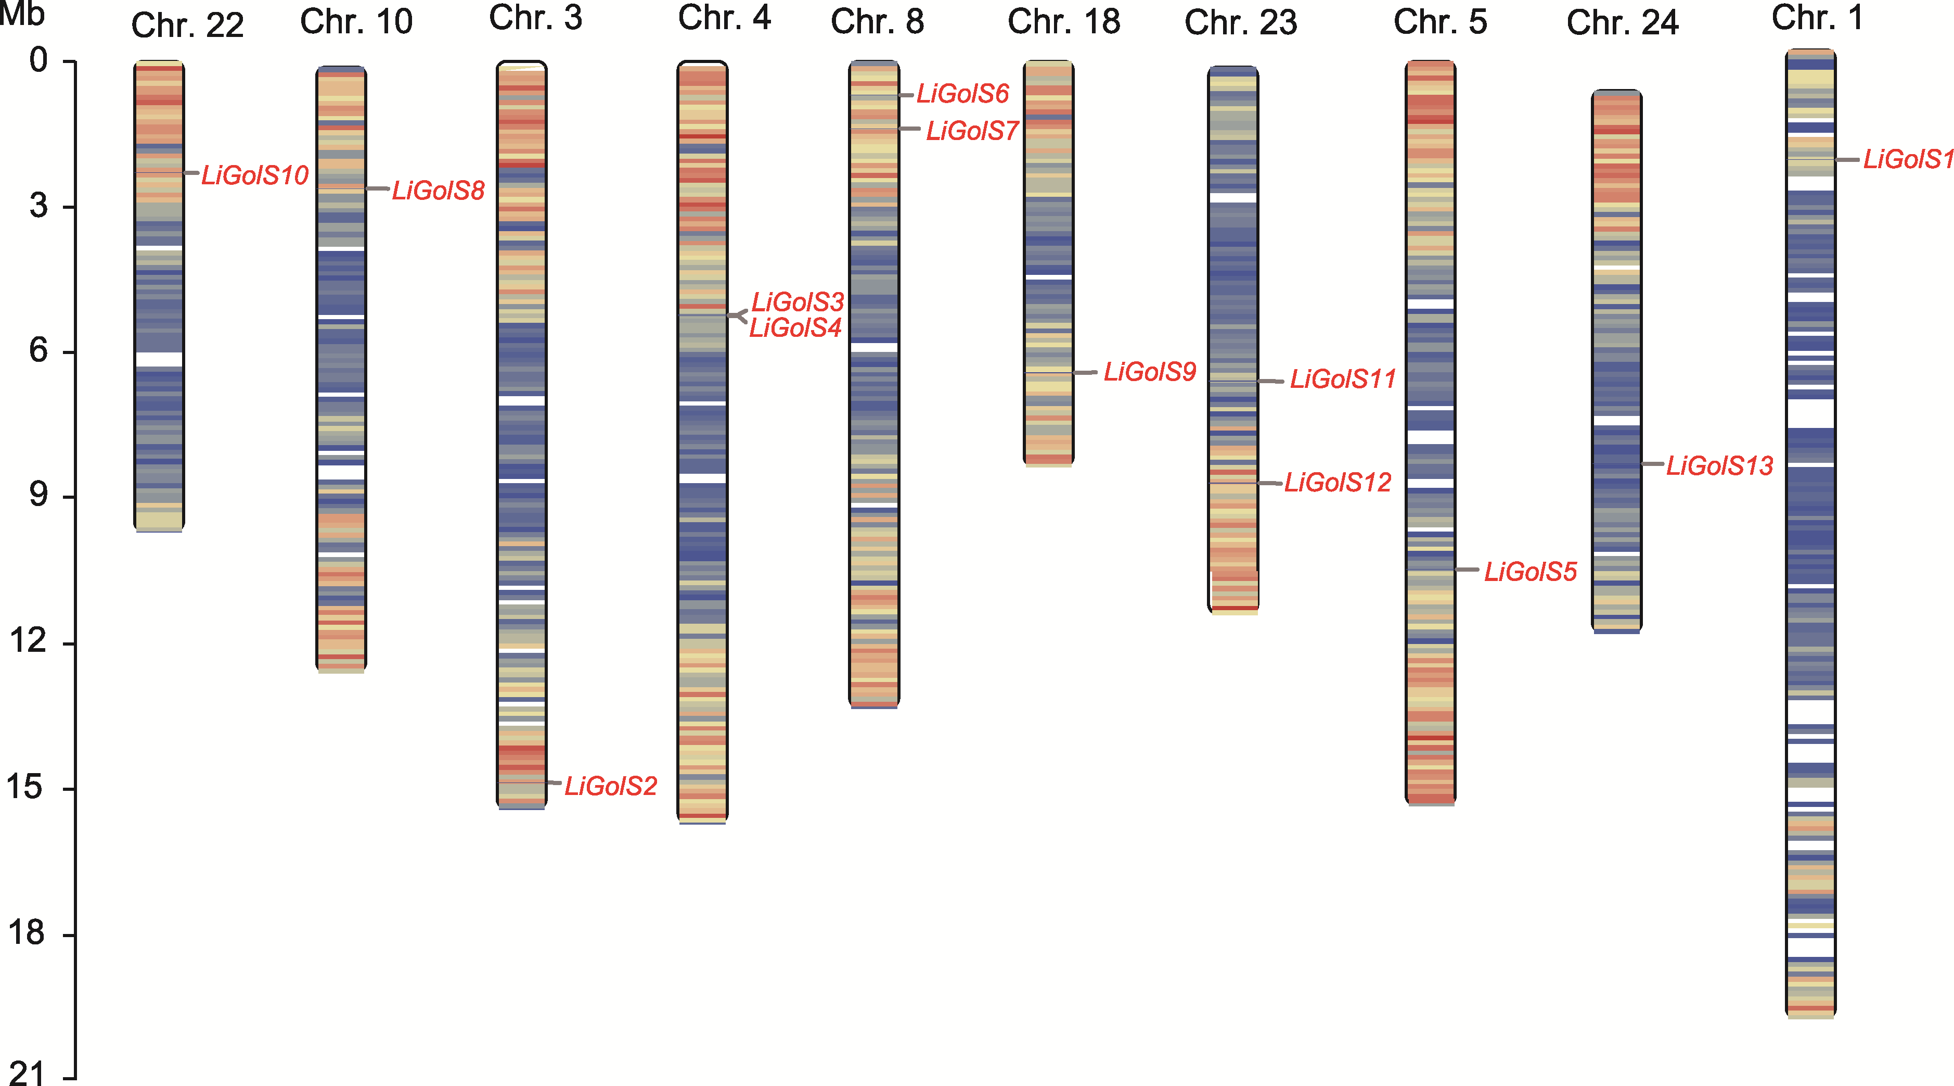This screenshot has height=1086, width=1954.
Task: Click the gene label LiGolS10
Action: (255, 175)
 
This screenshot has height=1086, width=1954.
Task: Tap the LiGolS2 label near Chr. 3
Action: (611, 786)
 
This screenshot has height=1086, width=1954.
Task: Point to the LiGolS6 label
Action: (962, 94)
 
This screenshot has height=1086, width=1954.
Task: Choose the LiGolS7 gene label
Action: (972, 131)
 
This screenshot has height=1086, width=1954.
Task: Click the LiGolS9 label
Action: (1149, 372)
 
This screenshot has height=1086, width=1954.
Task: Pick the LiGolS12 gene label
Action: (1338, 483)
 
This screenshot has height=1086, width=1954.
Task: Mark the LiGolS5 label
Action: (1530, 572)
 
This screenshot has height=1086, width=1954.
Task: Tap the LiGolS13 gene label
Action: (1719, 466)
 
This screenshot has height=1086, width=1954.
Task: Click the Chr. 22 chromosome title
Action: (187, 26)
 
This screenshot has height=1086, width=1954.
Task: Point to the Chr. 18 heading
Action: (1063, 22)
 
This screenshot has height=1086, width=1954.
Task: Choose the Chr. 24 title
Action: (1623, 23)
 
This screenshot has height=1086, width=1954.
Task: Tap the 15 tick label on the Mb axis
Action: (27, 787)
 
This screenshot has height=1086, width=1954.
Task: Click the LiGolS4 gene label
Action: (795, 328)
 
